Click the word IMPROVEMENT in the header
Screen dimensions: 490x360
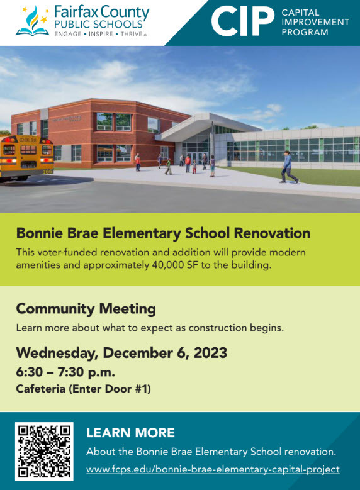point(315,22)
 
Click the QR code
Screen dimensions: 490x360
point(44,450)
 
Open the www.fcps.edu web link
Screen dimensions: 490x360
point(213,469)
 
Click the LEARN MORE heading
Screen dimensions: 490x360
point(130,432)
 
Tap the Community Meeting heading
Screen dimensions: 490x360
point(86,309)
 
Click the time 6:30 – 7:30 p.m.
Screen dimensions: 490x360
point(65,372)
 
